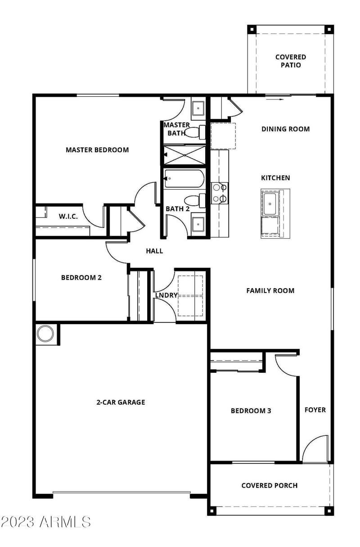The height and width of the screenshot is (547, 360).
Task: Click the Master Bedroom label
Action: pyautogui.click(x=97, y=150)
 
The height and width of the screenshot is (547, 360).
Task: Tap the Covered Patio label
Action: pyautogui.click(x=291, y=61)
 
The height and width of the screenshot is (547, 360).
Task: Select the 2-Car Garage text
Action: pyautogui.click(x=121, y=402)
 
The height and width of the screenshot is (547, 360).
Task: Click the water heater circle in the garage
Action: pyautogui.click(x=45, y=334)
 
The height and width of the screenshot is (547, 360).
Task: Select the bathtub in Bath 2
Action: pyautogui.click(x=184, y=179)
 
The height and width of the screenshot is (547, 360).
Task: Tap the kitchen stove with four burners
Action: pyautogui.click(x=220, y=193)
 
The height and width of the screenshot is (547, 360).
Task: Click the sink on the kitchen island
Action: pyautogui.click(x=270, y=204)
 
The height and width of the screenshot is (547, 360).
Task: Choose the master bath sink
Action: pyautogui.click(x=198, y=108)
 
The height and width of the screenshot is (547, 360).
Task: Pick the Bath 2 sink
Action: pyautogui.click(x=198, y=224)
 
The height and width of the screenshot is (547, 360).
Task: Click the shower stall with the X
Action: pyautogui.click(x=184, y=154)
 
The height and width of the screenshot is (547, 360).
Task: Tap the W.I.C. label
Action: pyautogui.click(x=68, y=217)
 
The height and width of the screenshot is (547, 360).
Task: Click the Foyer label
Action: pyautogui.click(x=315, y=410)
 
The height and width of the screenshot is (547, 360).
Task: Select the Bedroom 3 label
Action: pyautogui.click(x=251, y=411)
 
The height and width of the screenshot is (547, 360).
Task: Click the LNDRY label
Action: pyautogui.click(x=166, y=295)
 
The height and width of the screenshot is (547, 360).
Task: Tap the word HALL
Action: pyautogui.click(x=154, y=251)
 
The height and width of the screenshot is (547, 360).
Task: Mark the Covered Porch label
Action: pyautogui.click(x=269, y=485)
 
